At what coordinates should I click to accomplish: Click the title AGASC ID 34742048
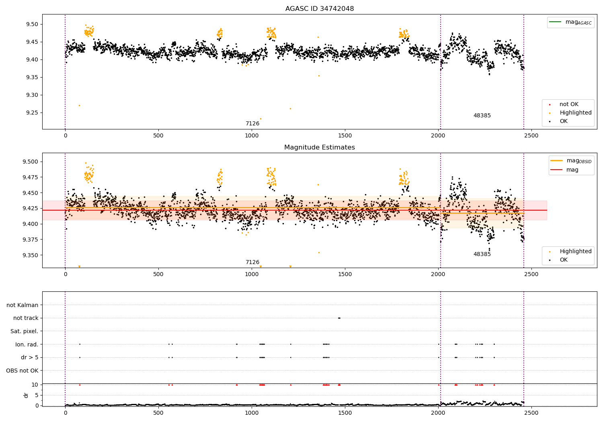point(320,9)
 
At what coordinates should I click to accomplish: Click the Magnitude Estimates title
point(320,147)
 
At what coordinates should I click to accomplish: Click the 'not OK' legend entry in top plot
point(569,104)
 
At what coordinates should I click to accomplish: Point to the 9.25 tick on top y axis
point(32,113)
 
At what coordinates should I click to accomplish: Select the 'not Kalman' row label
point(23,305)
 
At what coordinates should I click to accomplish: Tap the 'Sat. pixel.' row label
point(25,331)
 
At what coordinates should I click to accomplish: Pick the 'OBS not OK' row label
point(22,371)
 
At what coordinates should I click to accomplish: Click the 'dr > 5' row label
point(30,357)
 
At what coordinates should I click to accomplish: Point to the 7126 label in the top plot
point(252,123)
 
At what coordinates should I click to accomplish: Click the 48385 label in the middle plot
point(482,254)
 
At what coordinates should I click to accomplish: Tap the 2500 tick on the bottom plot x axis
point(531,412)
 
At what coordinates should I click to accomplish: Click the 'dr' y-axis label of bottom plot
point(26,395)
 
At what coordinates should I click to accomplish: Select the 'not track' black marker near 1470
point(339,318)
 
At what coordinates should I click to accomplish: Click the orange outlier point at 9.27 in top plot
point(79,105)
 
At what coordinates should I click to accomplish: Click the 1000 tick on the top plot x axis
point(252,135)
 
